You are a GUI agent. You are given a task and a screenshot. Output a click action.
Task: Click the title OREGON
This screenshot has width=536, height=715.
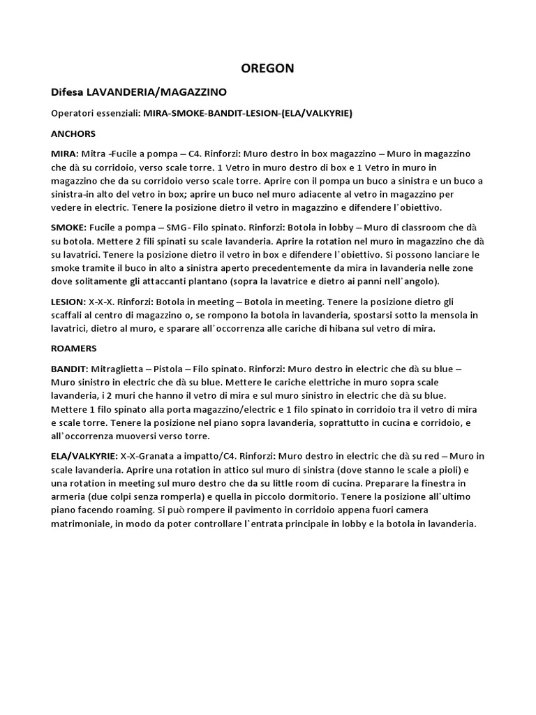(x=267, y=68)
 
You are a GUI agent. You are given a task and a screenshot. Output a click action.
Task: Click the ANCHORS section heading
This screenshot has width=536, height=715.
(x=73, y=133)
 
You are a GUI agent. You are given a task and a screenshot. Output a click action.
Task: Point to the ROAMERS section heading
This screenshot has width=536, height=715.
(x=74, y=347)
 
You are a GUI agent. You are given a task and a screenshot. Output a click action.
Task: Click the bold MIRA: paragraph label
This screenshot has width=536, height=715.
(x=64, y=152)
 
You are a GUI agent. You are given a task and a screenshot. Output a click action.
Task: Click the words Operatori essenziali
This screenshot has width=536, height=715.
(x=96, y=113)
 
